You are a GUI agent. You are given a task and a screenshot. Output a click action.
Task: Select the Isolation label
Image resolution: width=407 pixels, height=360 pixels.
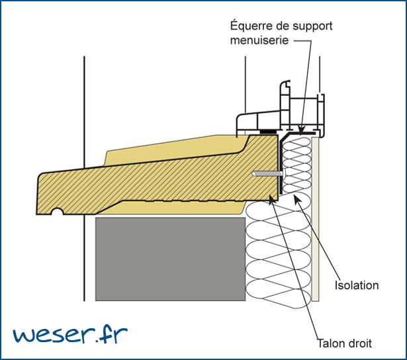point(357,285)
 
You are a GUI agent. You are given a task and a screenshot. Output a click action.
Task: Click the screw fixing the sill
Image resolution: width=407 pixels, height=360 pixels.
point(265,174)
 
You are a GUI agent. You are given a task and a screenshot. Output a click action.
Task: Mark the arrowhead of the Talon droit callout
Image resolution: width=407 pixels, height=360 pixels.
point(273,198)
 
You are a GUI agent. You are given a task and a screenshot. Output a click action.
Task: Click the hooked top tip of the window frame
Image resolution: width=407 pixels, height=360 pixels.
point(285,85)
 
